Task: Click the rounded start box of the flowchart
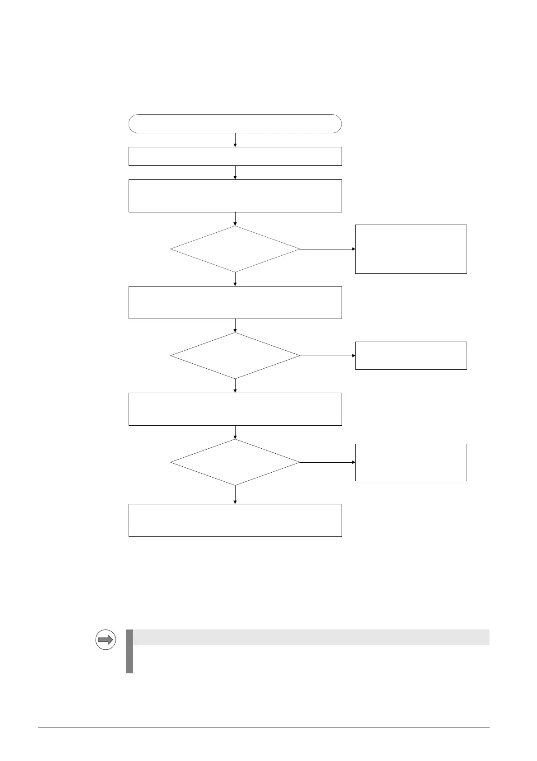point(235,124)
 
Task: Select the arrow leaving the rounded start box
point(235,140)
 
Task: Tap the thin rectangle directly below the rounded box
point(235,156)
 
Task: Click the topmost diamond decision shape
point(235,249)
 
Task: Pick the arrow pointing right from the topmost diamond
point(328,249)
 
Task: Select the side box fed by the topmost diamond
point(411,249)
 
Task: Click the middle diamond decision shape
point(235,356)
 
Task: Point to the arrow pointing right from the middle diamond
point(328,356)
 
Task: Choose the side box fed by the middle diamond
point(411,356)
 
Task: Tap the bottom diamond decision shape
point(235,462)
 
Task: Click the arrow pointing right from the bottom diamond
point(328,462)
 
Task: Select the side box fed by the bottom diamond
point(411,462)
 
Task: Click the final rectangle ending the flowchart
point(235,520)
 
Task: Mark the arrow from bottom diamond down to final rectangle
point(235,495)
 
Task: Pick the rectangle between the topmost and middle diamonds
point(235,302)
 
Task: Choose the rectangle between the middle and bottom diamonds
point(235,409)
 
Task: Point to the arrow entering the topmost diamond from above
point(235,219)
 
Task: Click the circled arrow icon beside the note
point(106,639)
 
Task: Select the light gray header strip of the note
point(311,637)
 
